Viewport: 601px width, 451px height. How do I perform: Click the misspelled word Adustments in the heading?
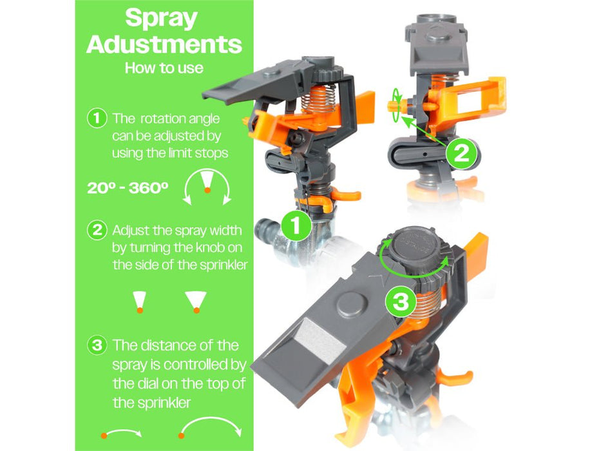click(x=164, y=44)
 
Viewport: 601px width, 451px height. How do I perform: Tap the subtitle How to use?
click(x=164, y=68)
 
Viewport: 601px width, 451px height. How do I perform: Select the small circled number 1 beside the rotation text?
click(x=97, y=119)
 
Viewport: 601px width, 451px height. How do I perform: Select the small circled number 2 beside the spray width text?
click(x=97, y=230)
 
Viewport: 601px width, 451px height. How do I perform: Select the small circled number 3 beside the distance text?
click(x=97, y=345)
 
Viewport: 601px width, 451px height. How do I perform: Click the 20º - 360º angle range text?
click(x=128, y=188)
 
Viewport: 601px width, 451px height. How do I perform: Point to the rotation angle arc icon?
click(x=207, y=187)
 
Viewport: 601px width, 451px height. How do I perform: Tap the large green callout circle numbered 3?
click(x=401, y=303)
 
